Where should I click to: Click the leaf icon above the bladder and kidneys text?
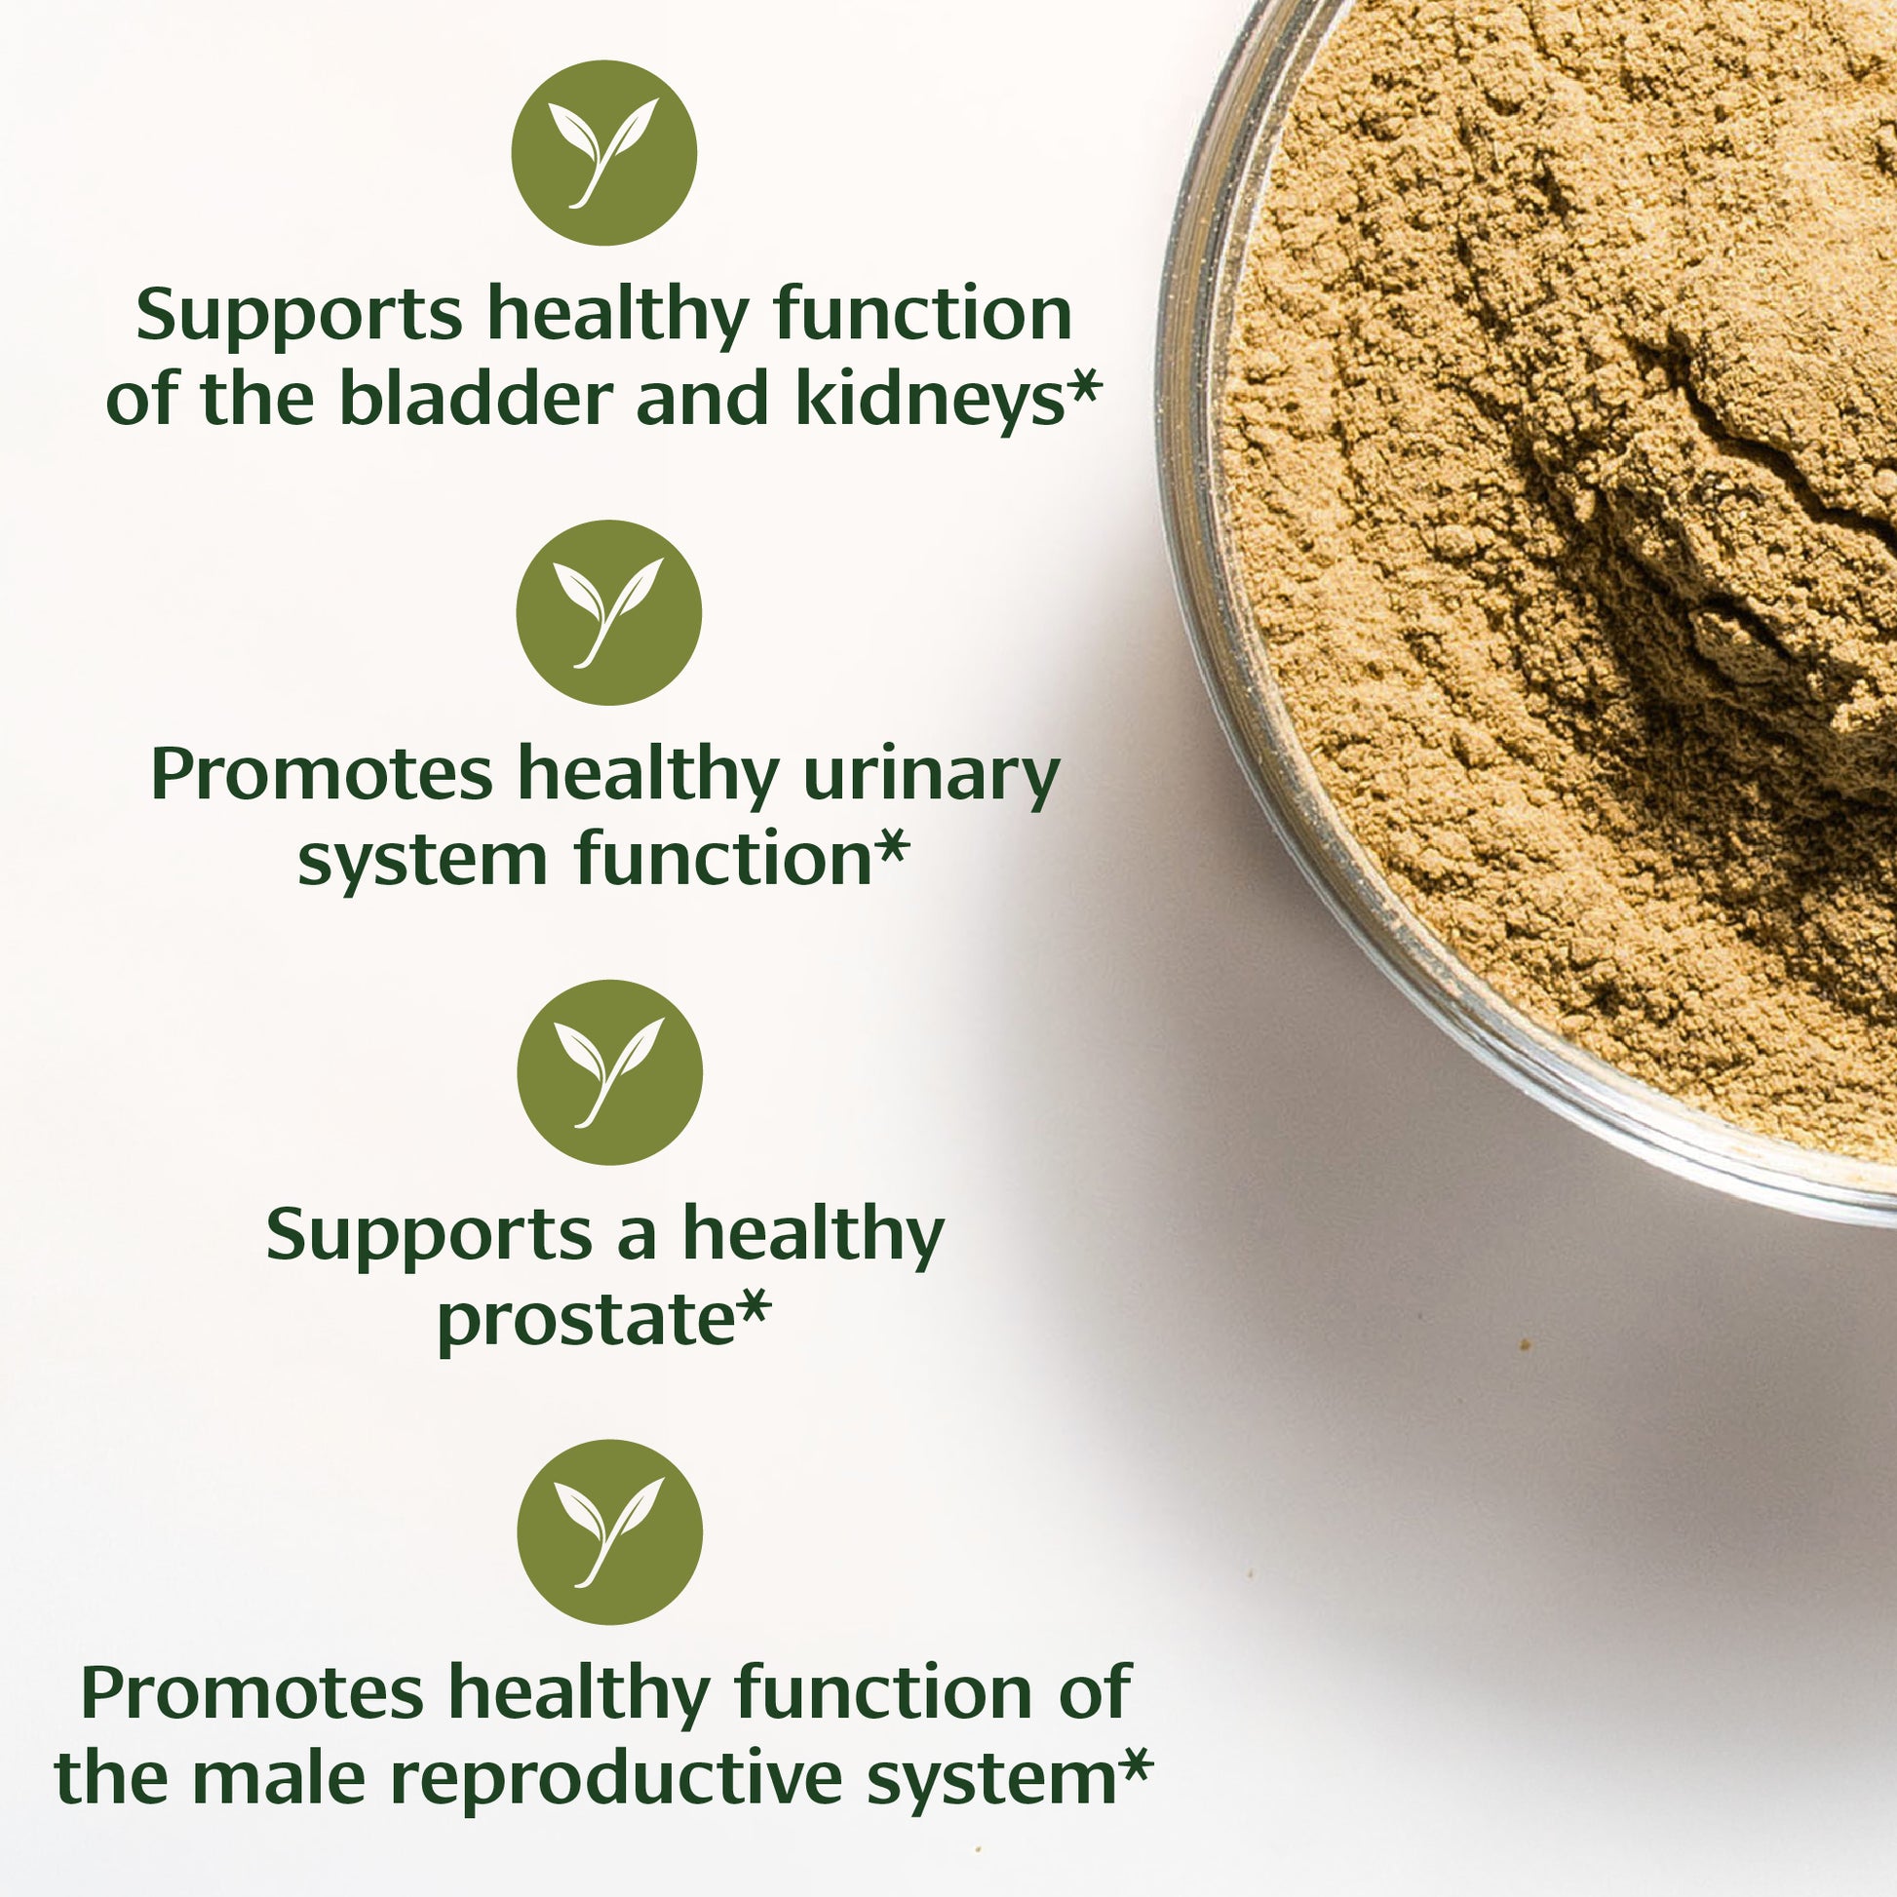tap(603, 153)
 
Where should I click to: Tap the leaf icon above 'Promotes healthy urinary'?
tap(608, 613)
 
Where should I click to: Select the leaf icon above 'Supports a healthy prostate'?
tap(610, 1072)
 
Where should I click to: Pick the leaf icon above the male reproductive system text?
tap(610, 1531)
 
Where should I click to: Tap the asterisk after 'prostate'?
tap(755, 1306)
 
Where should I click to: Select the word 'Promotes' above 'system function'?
tap(322, 776)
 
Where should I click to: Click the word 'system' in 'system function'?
tap(422, 860)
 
